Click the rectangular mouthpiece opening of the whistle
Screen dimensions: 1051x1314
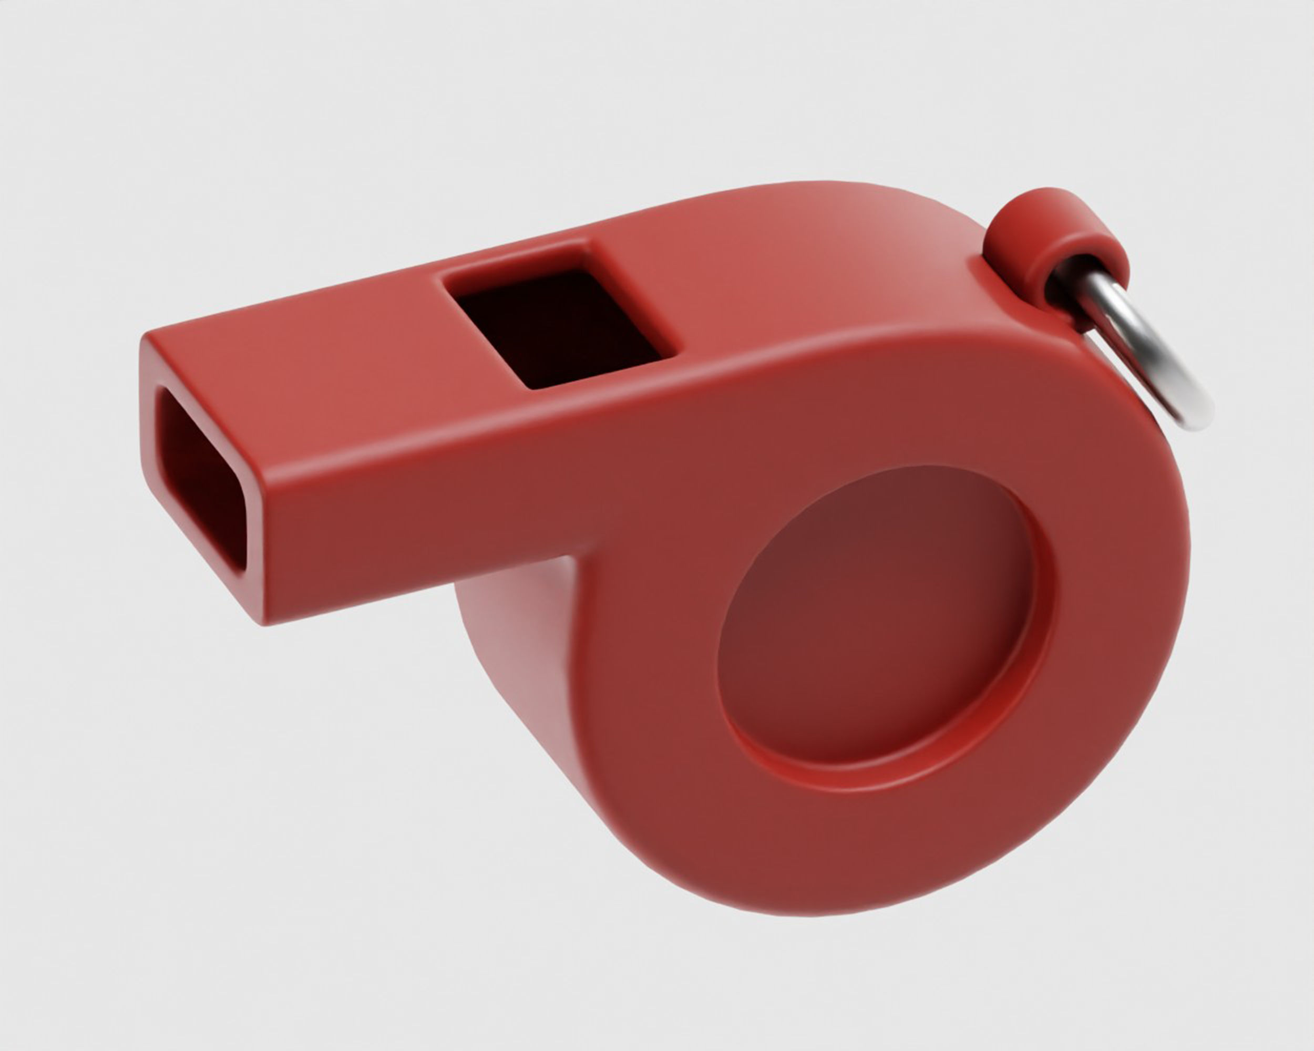coord(198,478)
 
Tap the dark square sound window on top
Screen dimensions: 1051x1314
coord(558,329)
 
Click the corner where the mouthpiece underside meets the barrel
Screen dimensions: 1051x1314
coord(570,558)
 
